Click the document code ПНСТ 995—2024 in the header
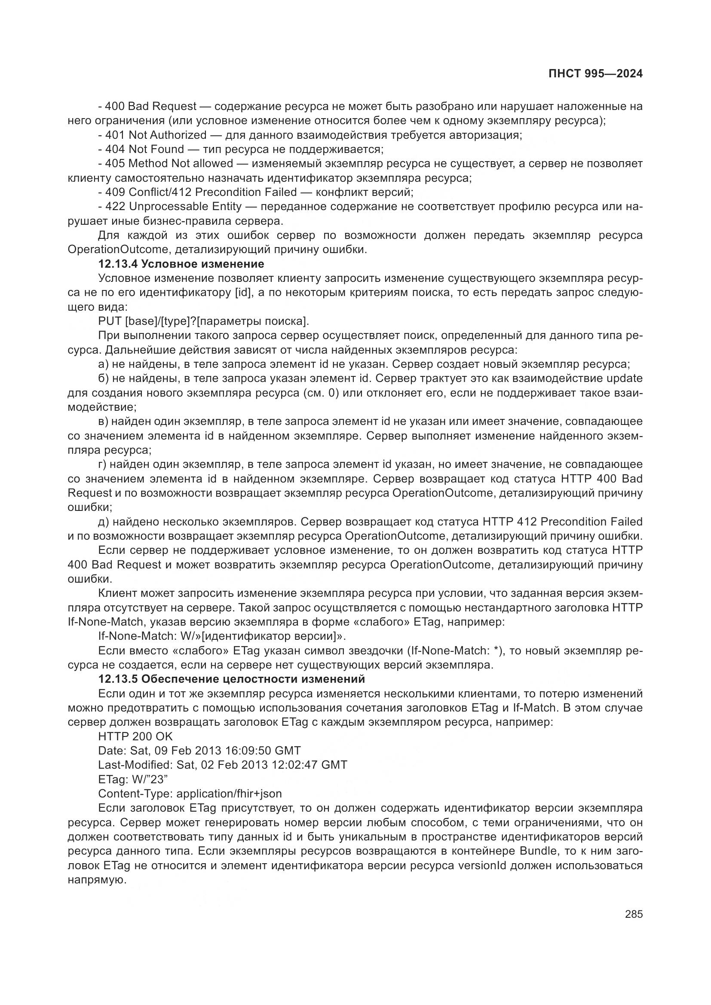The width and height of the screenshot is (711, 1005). tap(595, 74)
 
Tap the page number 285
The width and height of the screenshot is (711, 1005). tap(634, 914)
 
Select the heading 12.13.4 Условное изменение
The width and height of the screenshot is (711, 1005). tap(181, 264)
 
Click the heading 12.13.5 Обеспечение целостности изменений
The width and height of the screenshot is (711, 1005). tap(232, 679)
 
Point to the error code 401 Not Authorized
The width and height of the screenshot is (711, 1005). tap(156, 135)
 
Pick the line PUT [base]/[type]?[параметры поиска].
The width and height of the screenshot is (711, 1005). tap(204, 321)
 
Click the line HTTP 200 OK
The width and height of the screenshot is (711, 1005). tap(135, 737)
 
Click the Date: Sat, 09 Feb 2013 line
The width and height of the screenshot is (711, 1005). tap(199, 751)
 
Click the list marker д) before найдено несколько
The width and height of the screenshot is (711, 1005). tap(104, 522)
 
